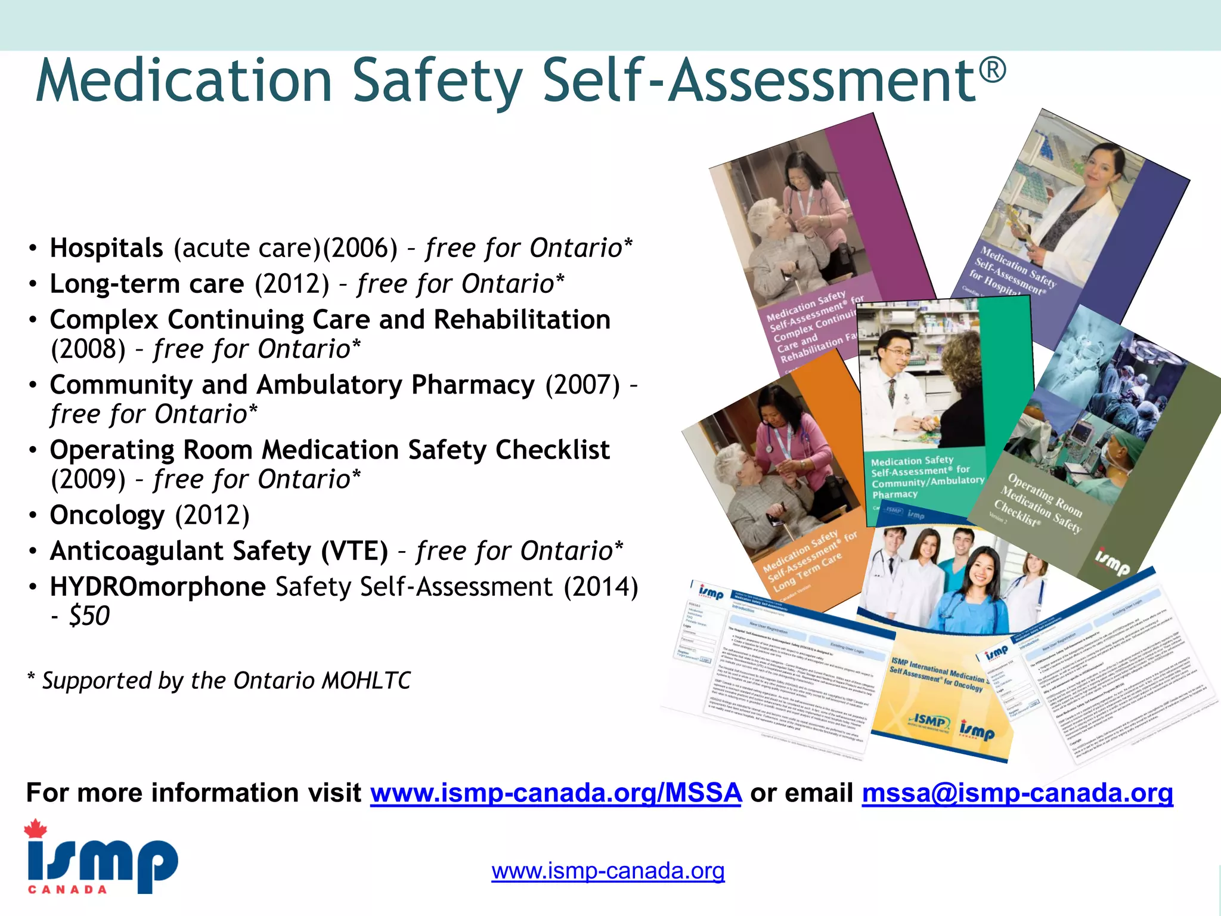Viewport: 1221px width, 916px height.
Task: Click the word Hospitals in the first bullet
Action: pos(106,248)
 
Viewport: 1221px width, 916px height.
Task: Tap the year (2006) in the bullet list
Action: pos(360,248)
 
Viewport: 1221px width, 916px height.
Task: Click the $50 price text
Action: pos(89,616)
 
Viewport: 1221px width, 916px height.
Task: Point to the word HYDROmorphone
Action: pos(157,587)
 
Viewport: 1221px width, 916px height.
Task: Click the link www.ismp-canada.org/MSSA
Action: pos(556,793)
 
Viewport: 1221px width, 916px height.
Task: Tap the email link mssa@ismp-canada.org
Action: pos(1017,793)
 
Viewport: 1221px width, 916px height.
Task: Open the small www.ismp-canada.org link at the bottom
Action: pos(608,871)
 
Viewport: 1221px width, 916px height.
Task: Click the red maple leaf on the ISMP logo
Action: pos(36,829)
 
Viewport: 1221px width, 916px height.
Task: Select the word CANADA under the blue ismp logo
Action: pos(67,890)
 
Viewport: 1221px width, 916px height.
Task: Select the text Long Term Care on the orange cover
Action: pos(808,571)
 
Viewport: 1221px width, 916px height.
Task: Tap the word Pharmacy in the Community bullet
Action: pos(473,385)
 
